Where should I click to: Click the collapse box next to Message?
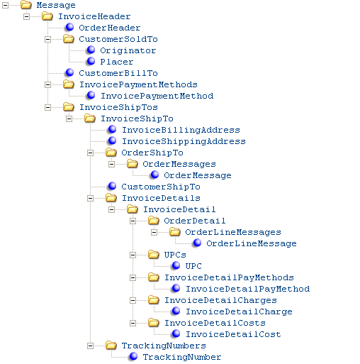pyautogui.click(x=5, y=5)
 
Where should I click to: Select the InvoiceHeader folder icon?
pyautogui.click(x=47, y=16)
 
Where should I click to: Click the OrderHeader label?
pyautogui.click(x=110, y=28)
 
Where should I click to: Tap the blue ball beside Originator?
pyautogui.click(x=91, y=50)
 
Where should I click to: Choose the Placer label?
pyautogui.click(x=117, y=62)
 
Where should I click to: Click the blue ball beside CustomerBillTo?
pyautogui.click(x=69, y=72)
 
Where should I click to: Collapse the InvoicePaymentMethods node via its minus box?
pyautogui.click(x=47, y=84)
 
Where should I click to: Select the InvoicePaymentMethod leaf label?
pyautogui.click(x=157, y=96)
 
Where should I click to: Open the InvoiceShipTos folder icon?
pyautogui.click(x=69, y=107)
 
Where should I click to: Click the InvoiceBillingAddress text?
pyautogui.click(x=181, y=130)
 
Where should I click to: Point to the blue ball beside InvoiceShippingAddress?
pyautogui.click(x=112, y=140)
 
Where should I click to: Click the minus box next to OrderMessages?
pyautogui.click(x=111, y=164)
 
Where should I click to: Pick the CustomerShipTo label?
pyautogui.click(x=161, y=187)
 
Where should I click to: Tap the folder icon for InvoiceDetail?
pyautogui.click(x=133, y=209)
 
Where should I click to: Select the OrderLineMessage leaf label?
pyautogui.click(x=252, y=243)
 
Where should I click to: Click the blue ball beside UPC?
pyautogui.click(x=176, y=265)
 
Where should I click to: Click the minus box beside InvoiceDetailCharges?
pyautogui.click(x=133, y=300)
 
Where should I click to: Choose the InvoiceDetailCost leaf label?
pyautogui.click(x=233, y=334)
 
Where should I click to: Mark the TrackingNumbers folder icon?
pyautogui.click(x=111, y=346)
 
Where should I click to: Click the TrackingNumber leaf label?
pyautogui.click(x=182, y=357)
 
